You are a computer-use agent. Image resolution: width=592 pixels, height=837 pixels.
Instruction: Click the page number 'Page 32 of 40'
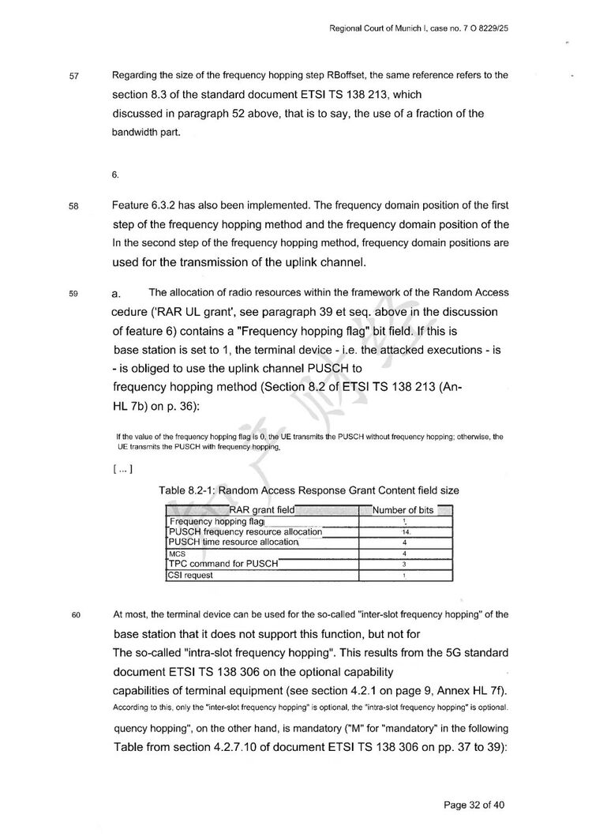(474, 805)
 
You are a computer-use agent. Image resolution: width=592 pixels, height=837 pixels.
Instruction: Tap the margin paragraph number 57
(75, 77)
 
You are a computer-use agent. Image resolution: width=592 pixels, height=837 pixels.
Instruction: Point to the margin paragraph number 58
(75, 207)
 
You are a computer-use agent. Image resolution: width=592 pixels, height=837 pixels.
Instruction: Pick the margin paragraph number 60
(75, 614)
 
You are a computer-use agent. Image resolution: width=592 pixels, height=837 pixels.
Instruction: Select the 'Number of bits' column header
(403, 510)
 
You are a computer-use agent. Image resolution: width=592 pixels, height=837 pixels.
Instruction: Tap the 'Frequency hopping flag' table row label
(217, 521)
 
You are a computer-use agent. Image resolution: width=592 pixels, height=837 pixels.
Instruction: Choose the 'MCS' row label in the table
(178, 554)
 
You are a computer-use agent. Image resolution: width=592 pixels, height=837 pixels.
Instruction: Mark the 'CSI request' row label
(190, 575)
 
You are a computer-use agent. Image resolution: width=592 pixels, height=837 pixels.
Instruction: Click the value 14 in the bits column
(403, 532)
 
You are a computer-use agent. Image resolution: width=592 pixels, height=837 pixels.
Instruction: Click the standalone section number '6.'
(115, 175)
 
